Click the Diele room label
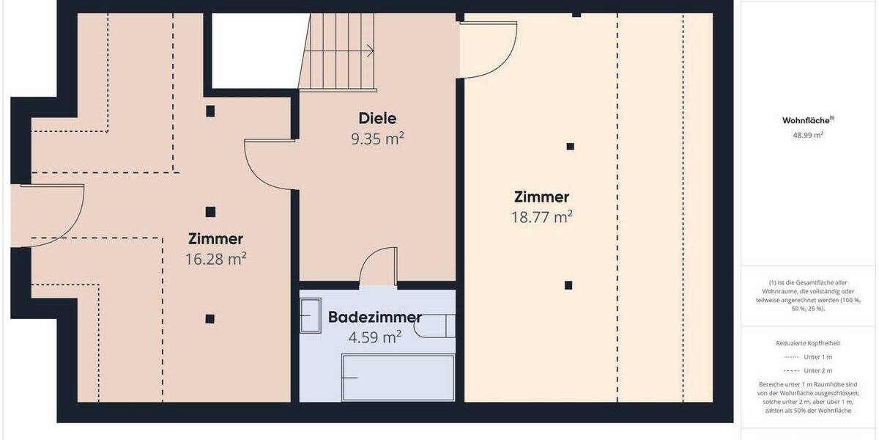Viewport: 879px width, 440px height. [x=377, y=118]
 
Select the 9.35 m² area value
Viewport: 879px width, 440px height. [x=377, y=139]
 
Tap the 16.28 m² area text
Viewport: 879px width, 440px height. [x=215, y=259]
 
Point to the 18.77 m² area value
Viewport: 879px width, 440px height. [x=541, y=217]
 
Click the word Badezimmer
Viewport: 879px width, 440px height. [x=374, y=318]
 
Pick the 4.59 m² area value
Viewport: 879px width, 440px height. [x=374, y=337]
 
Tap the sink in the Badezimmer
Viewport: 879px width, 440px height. [x=311, y=315]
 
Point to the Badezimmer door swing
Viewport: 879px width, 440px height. [x=379, y=265]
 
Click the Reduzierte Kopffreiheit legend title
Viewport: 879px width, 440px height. [x=807, y=342]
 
